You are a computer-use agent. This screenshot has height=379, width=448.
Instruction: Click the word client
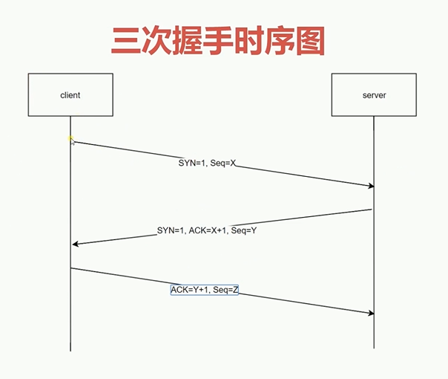pos(70,95)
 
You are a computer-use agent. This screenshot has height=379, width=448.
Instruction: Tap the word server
pos(375,95)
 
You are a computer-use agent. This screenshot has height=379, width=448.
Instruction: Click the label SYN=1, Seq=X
pos(207,163)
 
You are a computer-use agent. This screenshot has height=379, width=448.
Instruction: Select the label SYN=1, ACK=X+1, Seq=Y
pos(207,230)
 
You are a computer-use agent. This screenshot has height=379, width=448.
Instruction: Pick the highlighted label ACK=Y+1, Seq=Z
pos(205,290)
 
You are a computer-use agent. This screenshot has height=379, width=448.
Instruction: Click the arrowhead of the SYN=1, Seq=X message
pos(371,186)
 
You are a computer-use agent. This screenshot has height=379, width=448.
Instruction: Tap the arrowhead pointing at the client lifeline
pos(76,244)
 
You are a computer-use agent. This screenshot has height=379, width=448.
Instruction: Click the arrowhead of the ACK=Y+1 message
pos(371,313)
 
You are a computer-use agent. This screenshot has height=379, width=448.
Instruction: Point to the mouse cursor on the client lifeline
pos(71,140)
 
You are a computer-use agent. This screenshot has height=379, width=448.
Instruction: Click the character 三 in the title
pos(125,41)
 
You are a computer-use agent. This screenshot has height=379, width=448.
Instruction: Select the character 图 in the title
pos(311,41)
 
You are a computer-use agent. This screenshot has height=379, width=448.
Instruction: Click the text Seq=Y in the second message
pos(244,230)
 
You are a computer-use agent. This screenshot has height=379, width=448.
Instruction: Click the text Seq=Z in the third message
pos(225,290)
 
